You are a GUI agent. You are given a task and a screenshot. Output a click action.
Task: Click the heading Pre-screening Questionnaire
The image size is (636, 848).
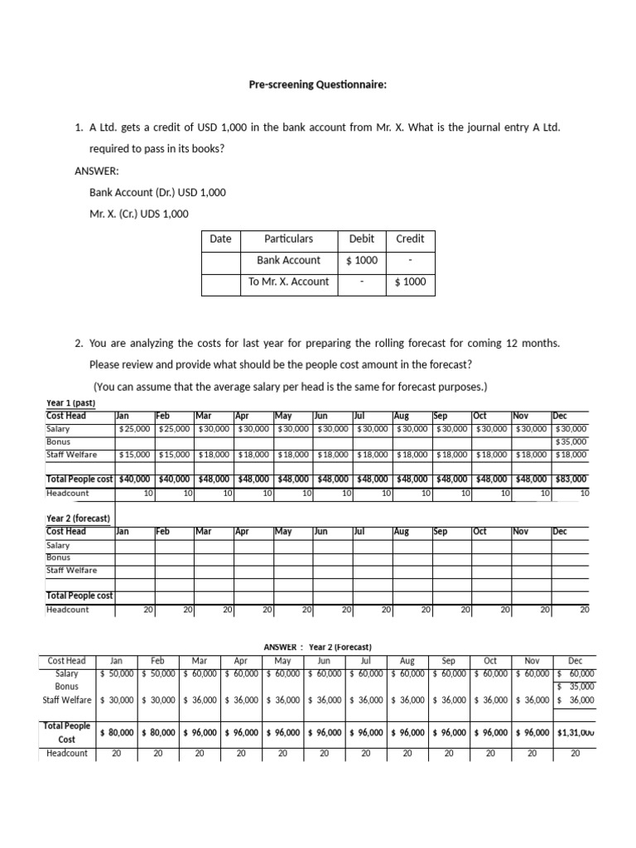tap(318, 84)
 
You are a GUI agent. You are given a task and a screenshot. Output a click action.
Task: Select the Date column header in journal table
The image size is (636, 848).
tap(220, 238)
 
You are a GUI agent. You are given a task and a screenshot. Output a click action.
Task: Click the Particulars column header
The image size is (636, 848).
tap(288, 238)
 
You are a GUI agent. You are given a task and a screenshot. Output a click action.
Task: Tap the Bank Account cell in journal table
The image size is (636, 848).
tap(288, 260)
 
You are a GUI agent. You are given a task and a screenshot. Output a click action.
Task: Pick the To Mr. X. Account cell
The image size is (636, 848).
tap(288, 282)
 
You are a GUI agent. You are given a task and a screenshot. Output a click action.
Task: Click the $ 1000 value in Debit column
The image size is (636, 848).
tap(361, 260)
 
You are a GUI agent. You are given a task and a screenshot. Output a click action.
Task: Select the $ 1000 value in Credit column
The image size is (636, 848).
tap(410, 282)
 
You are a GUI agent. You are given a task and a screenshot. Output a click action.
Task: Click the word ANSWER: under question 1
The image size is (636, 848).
tap(97, 171)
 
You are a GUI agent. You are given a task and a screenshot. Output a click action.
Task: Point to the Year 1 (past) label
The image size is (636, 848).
tap(71, 403)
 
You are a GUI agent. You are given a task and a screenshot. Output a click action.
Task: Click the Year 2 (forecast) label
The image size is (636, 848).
tap(78, 518)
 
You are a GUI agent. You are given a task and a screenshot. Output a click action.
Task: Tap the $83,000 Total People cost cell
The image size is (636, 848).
tap(570, 479)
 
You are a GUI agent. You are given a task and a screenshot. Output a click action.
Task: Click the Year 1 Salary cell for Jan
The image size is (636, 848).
tap(133, 429)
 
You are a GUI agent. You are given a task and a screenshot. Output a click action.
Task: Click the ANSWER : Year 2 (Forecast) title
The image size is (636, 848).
tap(317, 647)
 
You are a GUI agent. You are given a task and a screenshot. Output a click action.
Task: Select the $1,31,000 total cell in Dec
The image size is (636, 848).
tap(576, 733)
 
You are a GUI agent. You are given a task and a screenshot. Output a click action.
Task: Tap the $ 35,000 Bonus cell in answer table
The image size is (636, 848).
tap(576, 687)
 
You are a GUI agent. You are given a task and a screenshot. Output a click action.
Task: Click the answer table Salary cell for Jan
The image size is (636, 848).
tap(117, 674)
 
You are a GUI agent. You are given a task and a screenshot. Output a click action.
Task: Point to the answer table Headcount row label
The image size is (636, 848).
tap(67, 754)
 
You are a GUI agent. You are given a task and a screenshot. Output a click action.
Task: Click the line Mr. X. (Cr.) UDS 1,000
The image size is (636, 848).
tap(139, 214)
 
